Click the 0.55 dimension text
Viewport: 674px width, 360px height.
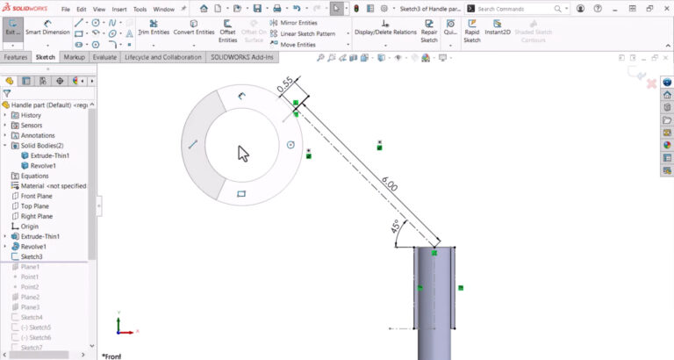click(x=285, y=86)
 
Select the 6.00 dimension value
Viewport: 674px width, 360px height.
click(x=388, y=184)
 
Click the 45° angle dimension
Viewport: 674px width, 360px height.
click(x=396, y=227)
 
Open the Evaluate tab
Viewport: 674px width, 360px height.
click(x=104, y=56)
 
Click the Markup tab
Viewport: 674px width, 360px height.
click(x=74, y=56)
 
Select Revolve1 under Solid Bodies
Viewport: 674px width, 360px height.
click(x=43, y=165)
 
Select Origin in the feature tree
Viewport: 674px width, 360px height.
click(x=29, y=226)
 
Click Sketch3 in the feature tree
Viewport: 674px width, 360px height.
click(x=32, y=256)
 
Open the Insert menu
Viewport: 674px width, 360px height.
click(x=120, y=9)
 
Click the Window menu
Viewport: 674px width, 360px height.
click(x=163, y=9)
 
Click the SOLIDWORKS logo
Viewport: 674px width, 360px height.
click(x=28, y=8)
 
